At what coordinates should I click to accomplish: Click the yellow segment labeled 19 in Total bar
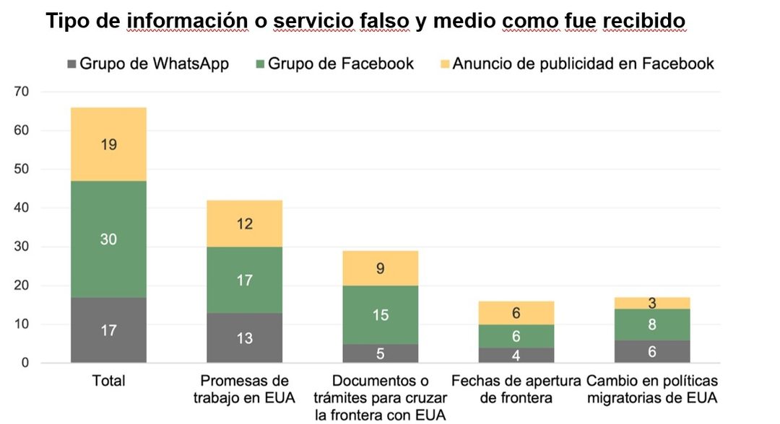pos(108,144)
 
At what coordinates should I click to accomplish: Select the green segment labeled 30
pos(108,239)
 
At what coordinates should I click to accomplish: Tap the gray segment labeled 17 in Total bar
pos(108,330)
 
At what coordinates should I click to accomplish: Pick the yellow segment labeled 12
pos(244,224)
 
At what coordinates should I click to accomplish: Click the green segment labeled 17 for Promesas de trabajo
pos(244,280)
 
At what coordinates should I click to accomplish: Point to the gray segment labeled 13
pos(244,338)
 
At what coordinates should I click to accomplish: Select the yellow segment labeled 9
pos(381,268)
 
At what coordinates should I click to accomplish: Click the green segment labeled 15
pos(381,315)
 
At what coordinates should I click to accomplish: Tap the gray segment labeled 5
pos(381,353)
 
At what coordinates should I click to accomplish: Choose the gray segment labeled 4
pos(516,355)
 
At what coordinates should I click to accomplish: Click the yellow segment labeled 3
pos(652,304)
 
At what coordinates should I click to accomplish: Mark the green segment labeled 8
pos(652,324)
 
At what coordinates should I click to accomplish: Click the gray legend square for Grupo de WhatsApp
pos(71,64)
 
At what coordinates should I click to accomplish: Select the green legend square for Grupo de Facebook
pos(260,64)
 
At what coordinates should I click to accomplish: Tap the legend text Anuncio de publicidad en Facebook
pos(583,63)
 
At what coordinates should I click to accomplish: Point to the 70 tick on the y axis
pos(22,92)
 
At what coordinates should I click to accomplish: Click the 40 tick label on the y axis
pos(22,208)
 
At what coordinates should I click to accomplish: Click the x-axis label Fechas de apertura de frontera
pos(516,389)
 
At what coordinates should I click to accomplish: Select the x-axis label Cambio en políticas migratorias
pos(652,389)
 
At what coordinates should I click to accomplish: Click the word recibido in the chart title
pos(644,21)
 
